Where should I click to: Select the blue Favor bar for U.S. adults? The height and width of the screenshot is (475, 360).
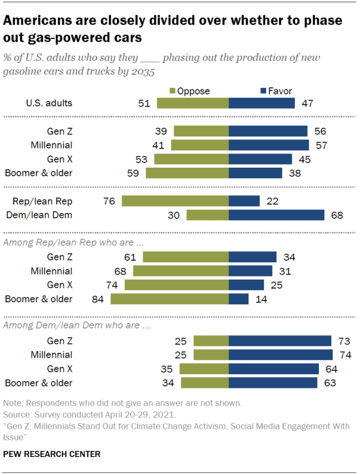[262, 103]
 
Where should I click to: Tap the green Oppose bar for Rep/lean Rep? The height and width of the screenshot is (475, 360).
[175, 201]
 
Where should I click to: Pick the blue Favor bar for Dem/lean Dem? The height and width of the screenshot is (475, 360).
[276, 214]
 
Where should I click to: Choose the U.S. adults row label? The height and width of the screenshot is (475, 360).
[49, 103]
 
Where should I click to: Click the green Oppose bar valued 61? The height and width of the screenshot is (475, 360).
[186, 257]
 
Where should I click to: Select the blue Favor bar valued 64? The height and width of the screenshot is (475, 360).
[273, 369]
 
